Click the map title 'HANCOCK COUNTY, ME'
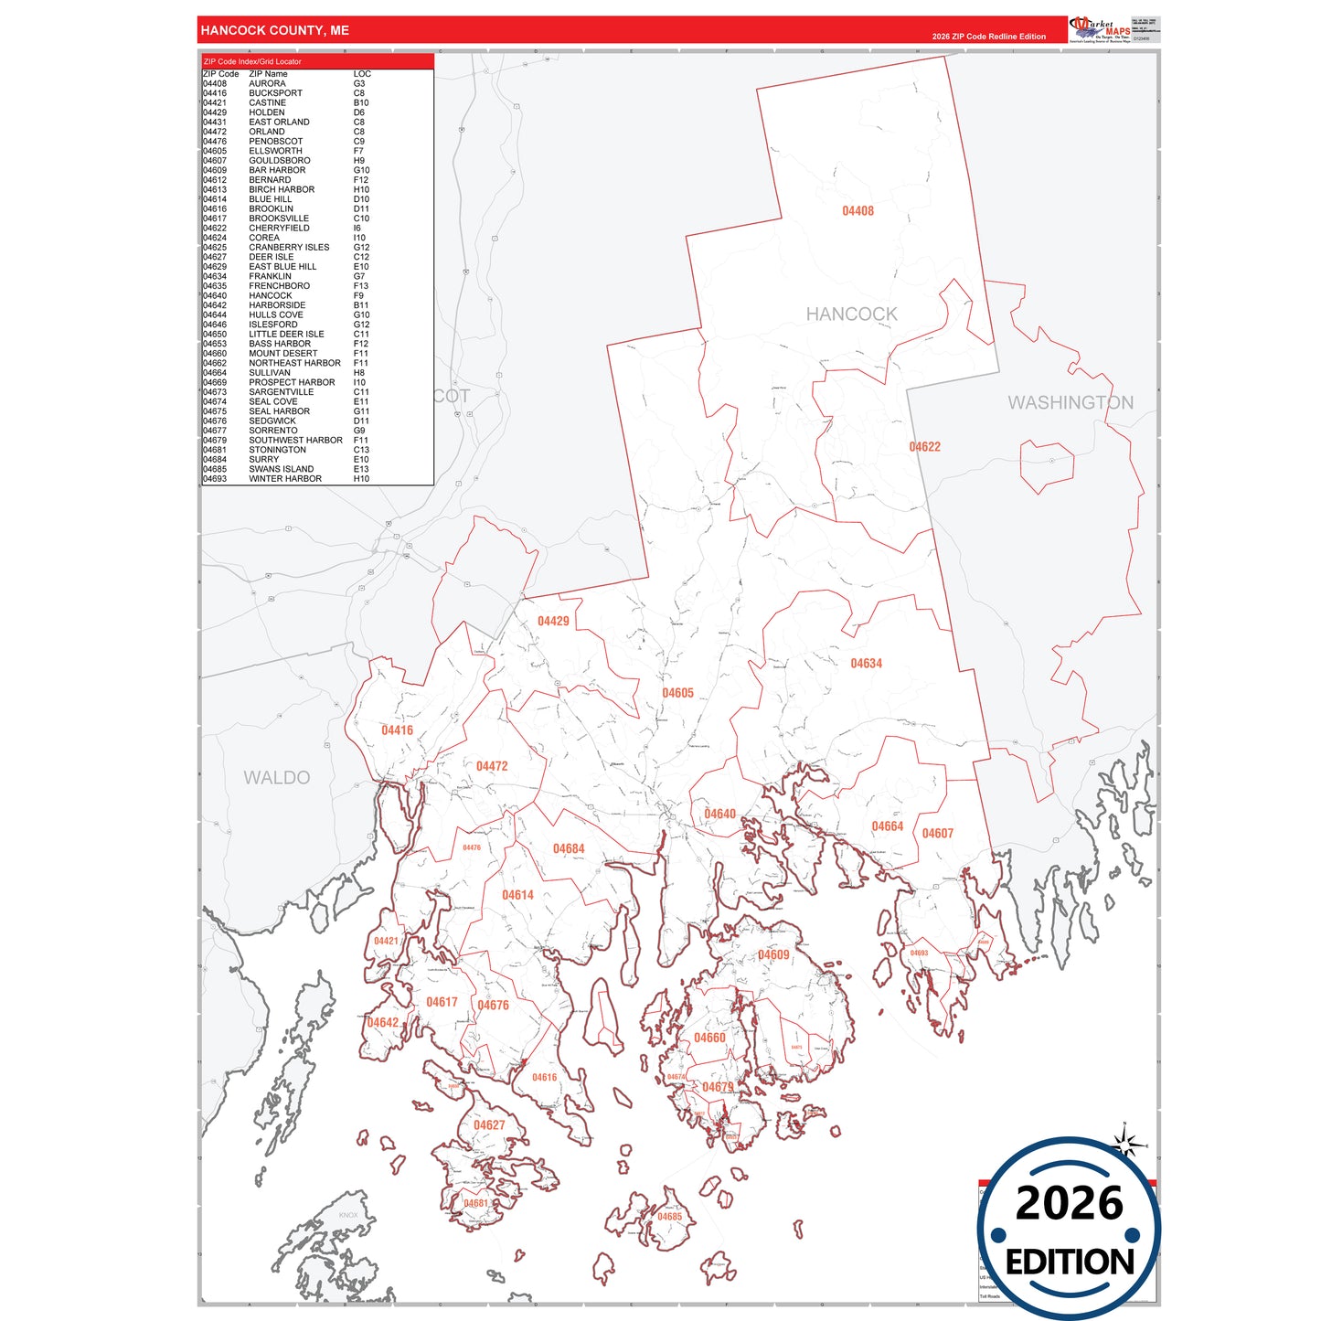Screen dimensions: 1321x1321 [x=274, y=30]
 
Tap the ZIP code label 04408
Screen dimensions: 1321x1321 [x=858, y=211]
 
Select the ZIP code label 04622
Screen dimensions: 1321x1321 [x=924, y=447]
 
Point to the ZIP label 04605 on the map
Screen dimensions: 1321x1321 [x=677, y=693]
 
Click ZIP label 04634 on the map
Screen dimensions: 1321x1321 [x=866, y=664]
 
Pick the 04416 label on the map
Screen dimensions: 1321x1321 [x=397, y=730]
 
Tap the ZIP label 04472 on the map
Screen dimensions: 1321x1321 [x=492, y=766]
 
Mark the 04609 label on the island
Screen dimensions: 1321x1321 [x=773, y=955]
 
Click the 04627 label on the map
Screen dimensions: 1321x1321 [x=489, y=1125]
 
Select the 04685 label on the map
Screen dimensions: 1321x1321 [x=669, y=1217]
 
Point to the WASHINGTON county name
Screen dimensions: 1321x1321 [x=1070, y=402]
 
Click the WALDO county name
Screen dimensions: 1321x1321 [x=276, y=778]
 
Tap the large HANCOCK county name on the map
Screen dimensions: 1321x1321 [x=851, y=314]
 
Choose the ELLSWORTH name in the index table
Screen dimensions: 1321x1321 [x=275, y=151]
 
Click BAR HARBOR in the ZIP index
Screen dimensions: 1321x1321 [x=277, y=170]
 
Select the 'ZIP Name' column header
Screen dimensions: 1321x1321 [x=268, y=74]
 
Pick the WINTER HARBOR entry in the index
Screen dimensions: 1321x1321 [x=284, y=479]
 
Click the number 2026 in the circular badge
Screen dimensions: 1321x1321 [x=1069, y=1203]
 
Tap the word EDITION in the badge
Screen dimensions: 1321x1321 [x=1070, y=1262]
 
